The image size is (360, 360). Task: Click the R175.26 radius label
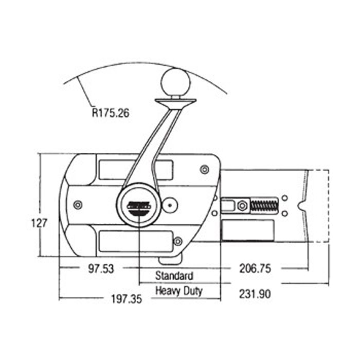pyautogui.click(x=111, y=113)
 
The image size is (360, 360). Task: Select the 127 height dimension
pyautogui.click(x=39, y=223)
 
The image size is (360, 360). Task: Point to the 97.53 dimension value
pyautogui.click(x=98, y=268)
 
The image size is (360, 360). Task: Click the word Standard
pyautogui.click(x=175, y=276)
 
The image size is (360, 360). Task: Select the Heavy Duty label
pyautogui.click(x=179, y=291)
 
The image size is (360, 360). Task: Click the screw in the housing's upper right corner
pyautogui.click(x=204, y=169)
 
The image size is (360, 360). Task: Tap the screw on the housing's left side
pyautogui.click(x=78, y=205)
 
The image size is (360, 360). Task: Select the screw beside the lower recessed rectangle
pyautogui.click(x=178, y=241)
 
